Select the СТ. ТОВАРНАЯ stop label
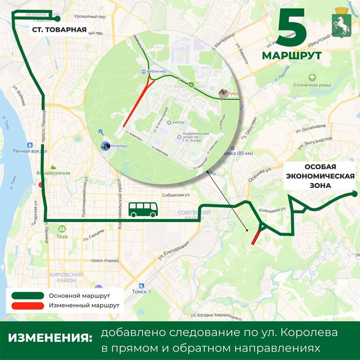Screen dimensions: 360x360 click(59, 30)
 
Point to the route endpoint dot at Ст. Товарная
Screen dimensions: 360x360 click(58, 19)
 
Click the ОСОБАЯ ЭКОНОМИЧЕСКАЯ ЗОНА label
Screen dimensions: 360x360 click(320, 176)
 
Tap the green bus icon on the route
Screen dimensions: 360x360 click(143, 209)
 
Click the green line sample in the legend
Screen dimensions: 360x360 click(26, 296)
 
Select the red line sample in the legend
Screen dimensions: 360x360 click(26, 306)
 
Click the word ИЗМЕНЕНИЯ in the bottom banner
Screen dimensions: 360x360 click(50, 338)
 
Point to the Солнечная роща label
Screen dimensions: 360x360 click(312, 85)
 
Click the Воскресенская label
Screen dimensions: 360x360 click(54, 173)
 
